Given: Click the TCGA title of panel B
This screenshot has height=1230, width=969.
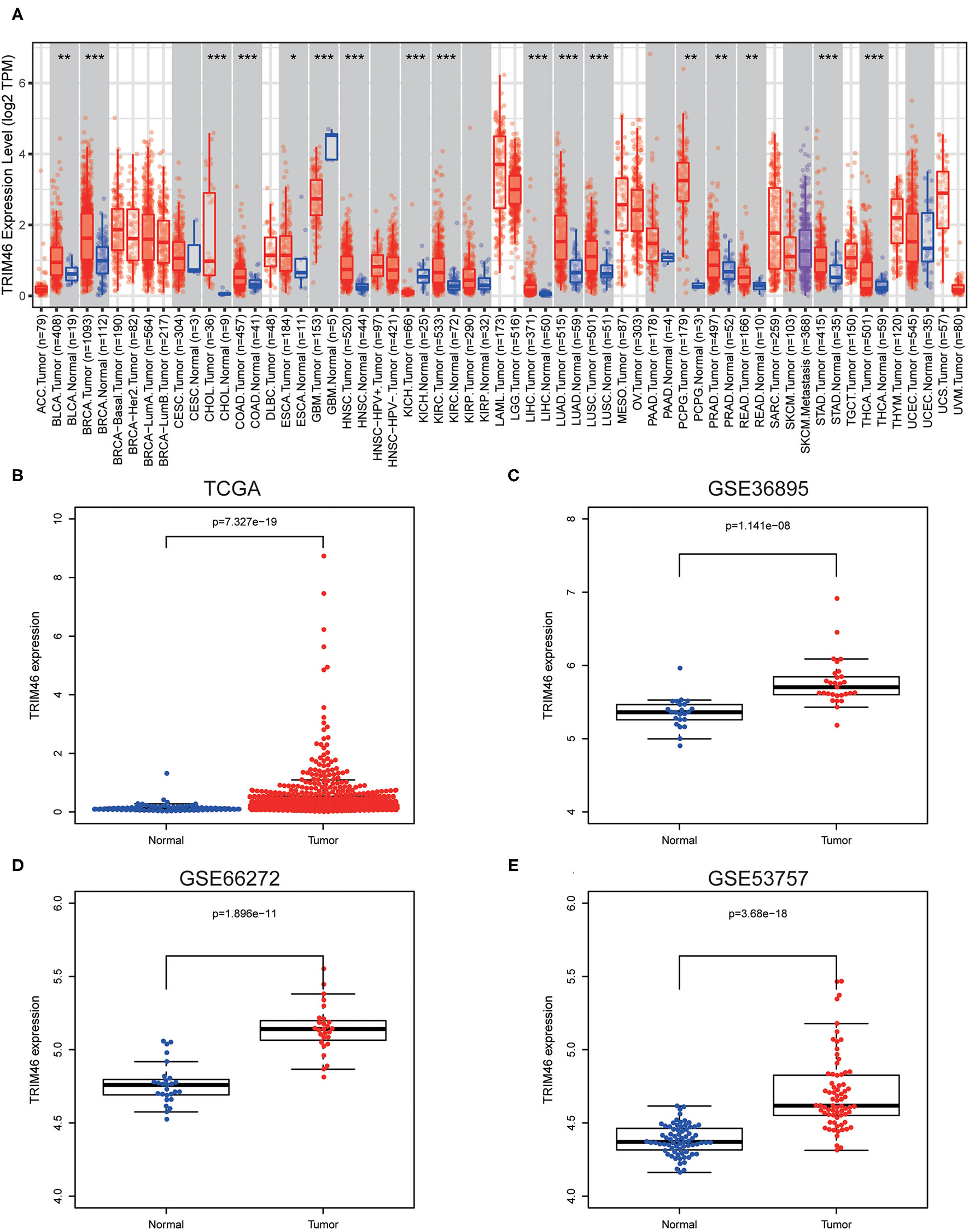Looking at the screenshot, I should pos(232,488).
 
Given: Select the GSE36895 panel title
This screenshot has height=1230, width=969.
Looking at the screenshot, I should pos(758,488).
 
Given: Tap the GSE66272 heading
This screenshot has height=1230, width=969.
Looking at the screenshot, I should pos(230,878).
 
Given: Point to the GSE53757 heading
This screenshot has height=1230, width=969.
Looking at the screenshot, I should pos(758,878).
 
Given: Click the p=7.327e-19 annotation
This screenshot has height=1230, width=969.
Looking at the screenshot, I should pos(244,522).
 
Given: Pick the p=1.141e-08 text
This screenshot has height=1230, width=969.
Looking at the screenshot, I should pos(758,526).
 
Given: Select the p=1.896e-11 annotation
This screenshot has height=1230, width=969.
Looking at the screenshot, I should pos(244,913).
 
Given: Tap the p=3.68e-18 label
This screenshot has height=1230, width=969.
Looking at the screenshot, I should pos(758,913).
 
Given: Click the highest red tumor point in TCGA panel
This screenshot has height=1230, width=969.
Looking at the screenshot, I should pos(323,557).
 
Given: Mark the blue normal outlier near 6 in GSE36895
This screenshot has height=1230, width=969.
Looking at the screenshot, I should pos(680,669).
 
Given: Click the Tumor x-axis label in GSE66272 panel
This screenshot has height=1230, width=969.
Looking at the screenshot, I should pos(323,1225).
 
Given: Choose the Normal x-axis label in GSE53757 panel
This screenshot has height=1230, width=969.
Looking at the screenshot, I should pos(680,1225).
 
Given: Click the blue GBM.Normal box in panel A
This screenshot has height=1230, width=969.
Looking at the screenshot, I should pos(331,147).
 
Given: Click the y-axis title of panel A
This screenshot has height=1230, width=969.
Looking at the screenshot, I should pos(9,175).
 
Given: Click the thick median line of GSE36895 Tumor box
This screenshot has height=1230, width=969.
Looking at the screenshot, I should pos(836,687).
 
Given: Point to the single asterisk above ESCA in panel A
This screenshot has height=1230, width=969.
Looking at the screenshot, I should pos(293,58).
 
